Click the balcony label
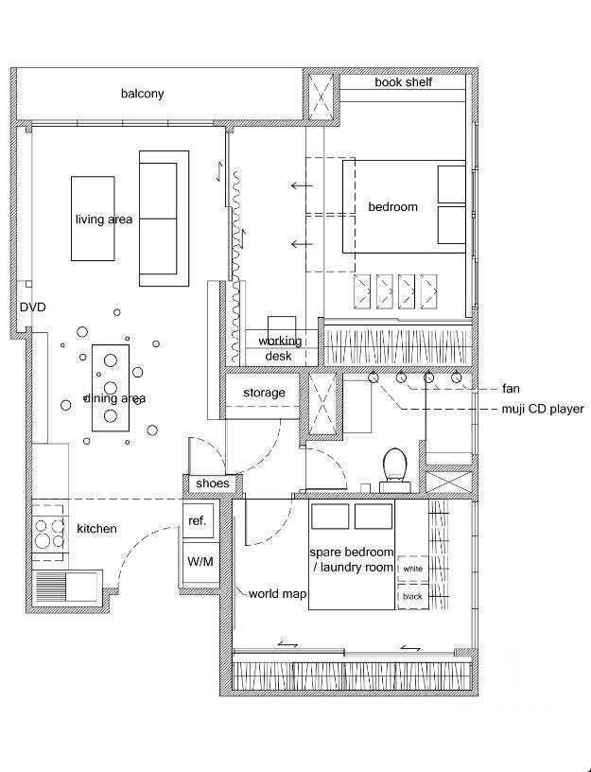142,94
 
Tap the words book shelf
403,82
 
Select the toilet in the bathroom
394,469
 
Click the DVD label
32,307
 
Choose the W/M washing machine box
200,562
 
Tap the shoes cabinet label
213,483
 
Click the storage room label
264,393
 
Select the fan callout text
511,389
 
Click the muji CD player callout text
543,409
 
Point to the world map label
278,594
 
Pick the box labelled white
412,569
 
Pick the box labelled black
412,597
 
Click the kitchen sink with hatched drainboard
66,586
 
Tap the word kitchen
97,529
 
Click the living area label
104,219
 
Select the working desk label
280,348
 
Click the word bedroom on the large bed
392,207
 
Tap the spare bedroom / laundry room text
353,560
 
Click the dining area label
114,399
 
